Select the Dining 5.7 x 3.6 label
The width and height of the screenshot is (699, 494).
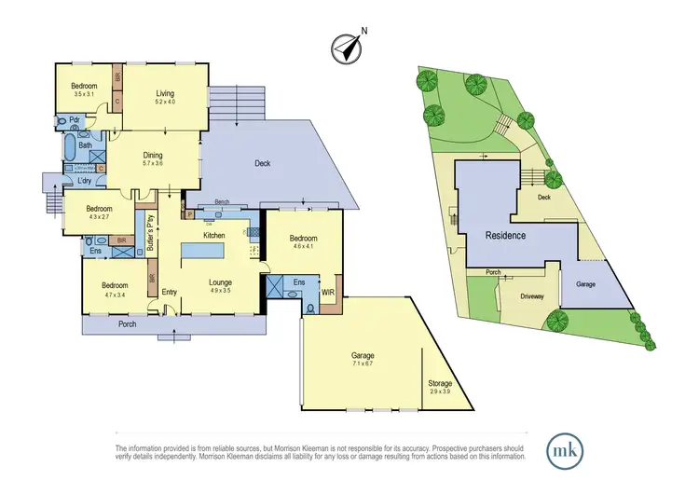pyautogui.click(x=153, y=159)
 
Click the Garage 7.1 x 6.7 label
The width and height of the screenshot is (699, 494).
pyautogui.click(x=362, y=360)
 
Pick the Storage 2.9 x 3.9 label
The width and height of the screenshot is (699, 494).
pyautogui.click(x=439, y=387)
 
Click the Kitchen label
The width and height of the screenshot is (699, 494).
pyautogui.click(x=215, y=236)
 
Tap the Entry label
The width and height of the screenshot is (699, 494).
pyautogui.click(x=169, y=293)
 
